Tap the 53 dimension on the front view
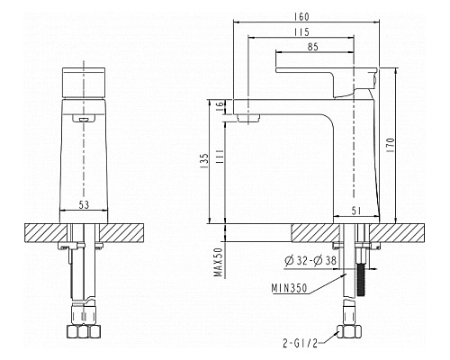pyautogui.click(x=83, y=205)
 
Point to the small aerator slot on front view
pyautogui.click(x=83, y=118)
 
